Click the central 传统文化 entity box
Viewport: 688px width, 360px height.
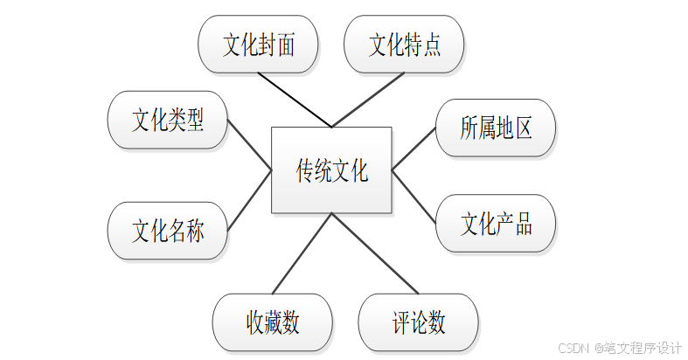point(331,170)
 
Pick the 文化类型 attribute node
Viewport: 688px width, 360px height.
point(167,121)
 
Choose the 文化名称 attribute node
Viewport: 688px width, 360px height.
point(167,232)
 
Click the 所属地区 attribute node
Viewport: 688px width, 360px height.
point(496,128)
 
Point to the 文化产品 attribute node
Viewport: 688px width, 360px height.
point(496,224)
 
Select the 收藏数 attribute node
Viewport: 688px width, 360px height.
point(272,322)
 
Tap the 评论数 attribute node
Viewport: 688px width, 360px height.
point(418,322)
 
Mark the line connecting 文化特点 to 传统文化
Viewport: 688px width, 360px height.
point(366,99)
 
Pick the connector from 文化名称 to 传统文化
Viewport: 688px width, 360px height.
point(250,200)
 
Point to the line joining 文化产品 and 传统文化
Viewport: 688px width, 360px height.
point(414,195)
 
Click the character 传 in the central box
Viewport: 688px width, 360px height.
point(306,170)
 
